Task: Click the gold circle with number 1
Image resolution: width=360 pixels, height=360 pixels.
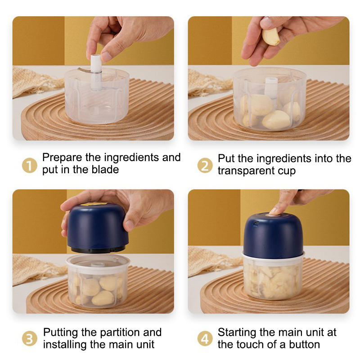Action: click(x=29, y=166)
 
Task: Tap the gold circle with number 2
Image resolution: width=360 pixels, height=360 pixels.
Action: click(x=205, y=166)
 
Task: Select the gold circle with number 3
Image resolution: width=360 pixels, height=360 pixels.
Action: click(x=29, y=339)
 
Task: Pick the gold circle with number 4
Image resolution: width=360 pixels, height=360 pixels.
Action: click(x=205, y=339)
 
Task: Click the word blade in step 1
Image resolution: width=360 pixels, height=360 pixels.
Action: click(x=105, y=170)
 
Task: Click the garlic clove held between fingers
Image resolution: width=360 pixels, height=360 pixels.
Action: click(x=271, y=36)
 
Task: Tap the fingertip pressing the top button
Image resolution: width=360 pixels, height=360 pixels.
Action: click(x=275, y=211)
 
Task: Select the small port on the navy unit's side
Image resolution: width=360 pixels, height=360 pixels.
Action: click(x=256, y=223)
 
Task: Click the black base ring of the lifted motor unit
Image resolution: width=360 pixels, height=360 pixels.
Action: click(x=98, y=249)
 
